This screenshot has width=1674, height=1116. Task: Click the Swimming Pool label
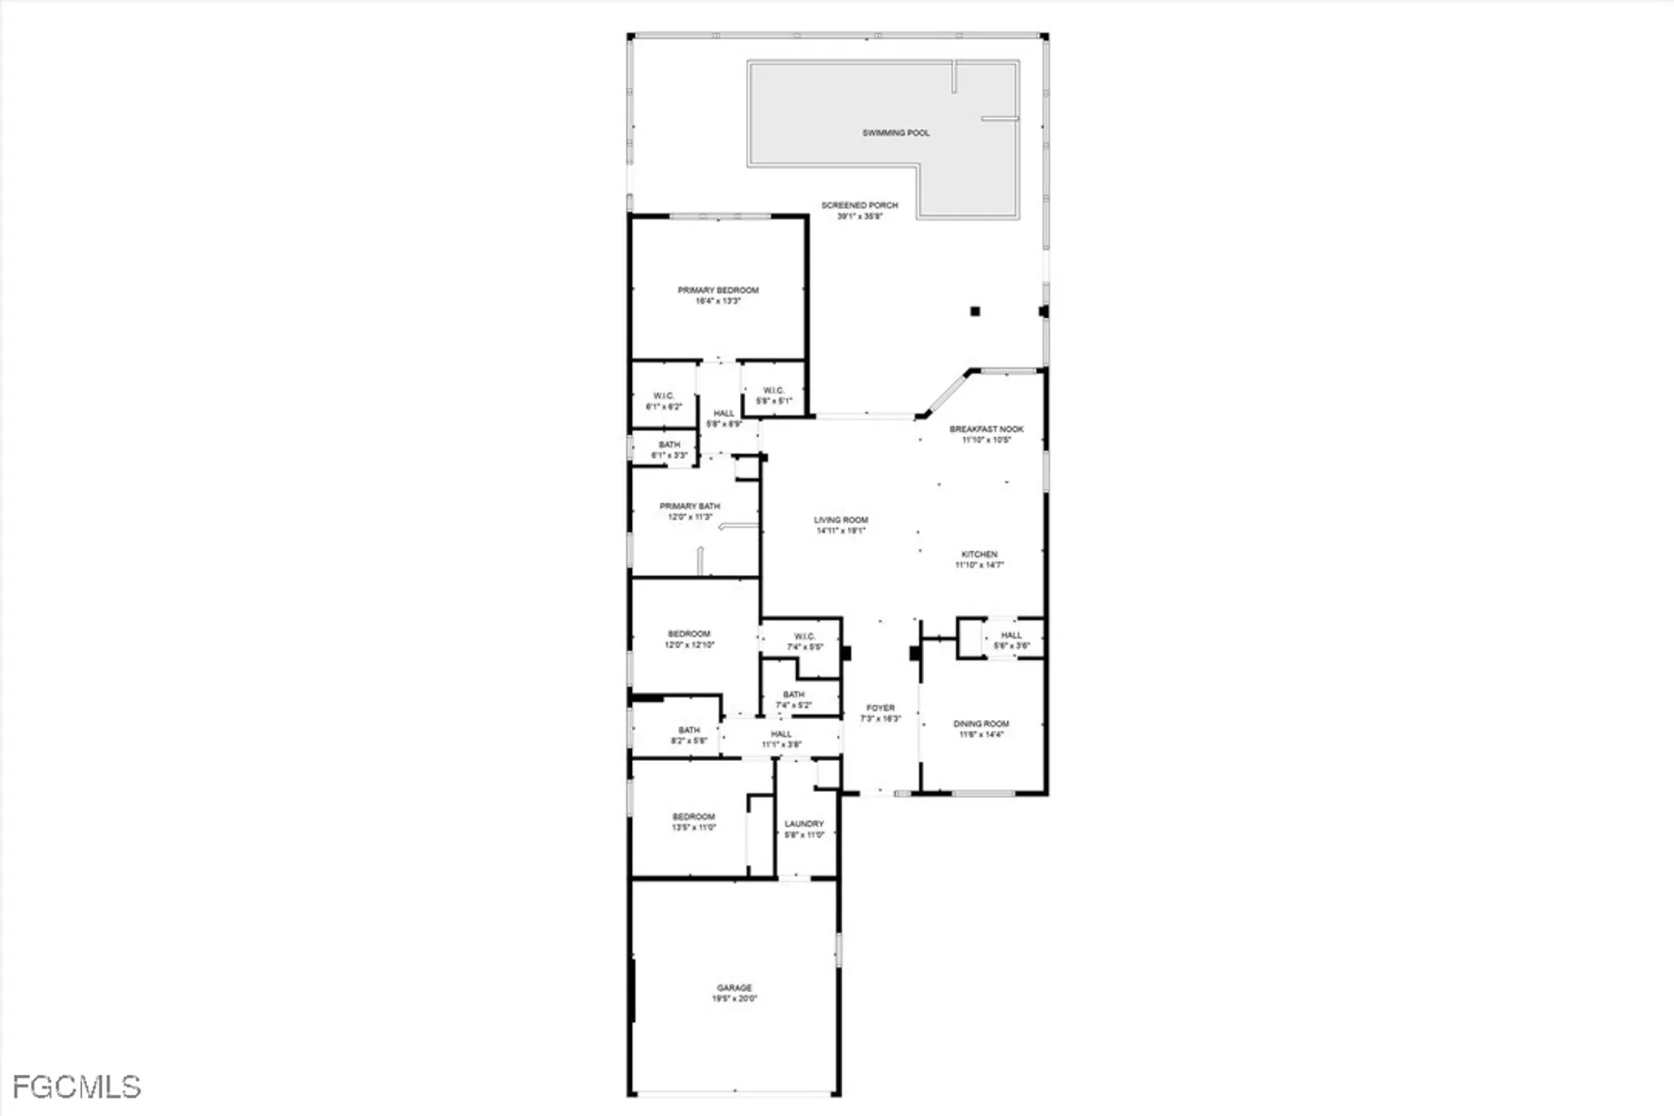click(896, 133)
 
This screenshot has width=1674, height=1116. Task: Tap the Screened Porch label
click(860, 210)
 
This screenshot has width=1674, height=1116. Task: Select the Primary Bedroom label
click(718, 296)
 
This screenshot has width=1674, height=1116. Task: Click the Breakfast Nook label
click(986, 434)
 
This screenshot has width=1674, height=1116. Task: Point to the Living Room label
click(841, 525)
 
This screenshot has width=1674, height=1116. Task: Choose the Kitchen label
click(979, 559)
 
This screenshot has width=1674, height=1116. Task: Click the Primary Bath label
click(690, 512)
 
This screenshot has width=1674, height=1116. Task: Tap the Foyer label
click(881, 712)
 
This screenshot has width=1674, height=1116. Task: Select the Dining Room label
click(981, 728)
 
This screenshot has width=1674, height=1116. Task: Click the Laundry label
click(804, 829)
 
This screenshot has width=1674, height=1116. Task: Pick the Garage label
click(734, 993)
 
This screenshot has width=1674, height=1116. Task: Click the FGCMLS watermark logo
click(76, 1087)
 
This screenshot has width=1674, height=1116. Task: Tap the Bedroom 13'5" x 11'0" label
click(694, 821)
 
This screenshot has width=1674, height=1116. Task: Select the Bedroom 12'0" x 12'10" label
click(690, 639)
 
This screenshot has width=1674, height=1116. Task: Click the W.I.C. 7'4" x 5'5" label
click(804, 641)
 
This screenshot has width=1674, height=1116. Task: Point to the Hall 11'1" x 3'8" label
click(781, 738)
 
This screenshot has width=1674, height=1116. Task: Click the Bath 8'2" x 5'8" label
click(689, 735)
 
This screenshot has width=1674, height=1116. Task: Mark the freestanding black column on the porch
click(975, 311)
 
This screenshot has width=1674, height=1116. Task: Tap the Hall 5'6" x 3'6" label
click(1011, 640)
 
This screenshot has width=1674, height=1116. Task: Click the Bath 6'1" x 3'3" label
click(670, 450)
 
